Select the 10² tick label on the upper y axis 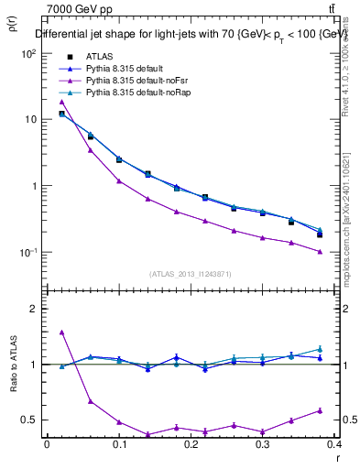pos(28,53)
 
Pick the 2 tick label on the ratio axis pos(33,310)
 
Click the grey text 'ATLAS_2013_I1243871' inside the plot pos(191,274)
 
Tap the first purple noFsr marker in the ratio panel pos(61,332)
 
